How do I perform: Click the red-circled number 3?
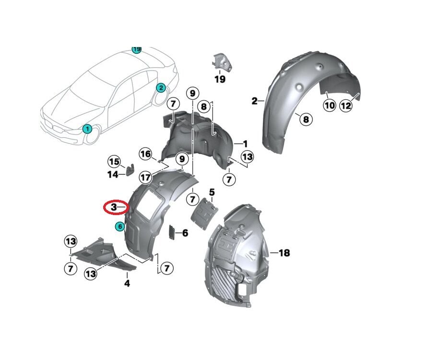tap(114, 207)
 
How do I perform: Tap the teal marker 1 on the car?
tap(87, 128)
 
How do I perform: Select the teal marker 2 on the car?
tap(161, 87)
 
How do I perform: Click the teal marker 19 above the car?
tap(137, 49)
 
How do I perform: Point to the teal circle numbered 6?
tap(119, 226)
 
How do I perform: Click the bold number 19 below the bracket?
tap(220, 79)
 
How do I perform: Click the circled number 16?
tap(145, 154)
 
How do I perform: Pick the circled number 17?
tap(146, 177)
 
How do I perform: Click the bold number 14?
tap(113, 175)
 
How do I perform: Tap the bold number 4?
tap(127, 283)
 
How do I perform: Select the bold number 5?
tap(212, 192)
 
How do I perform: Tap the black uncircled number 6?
tap(185, 233)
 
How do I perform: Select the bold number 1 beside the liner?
tap(245, 144)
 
